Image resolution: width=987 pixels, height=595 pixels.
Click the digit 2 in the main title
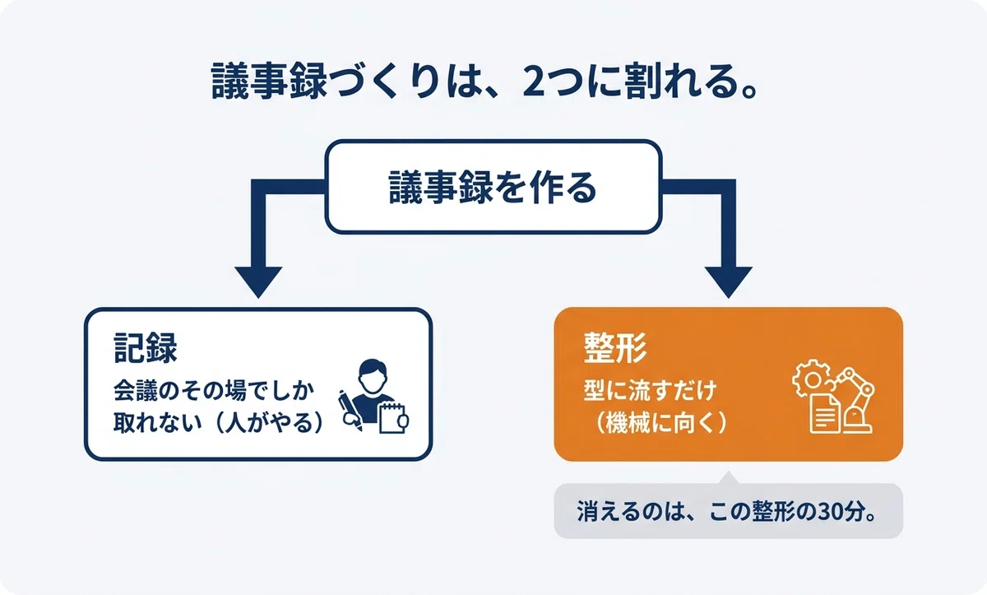click(533, 82)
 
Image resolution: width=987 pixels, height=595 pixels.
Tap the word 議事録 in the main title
click(269, 81)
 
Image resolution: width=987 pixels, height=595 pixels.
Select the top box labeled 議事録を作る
click(493, 187)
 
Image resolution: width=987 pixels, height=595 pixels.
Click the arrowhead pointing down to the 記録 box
click(258, 282)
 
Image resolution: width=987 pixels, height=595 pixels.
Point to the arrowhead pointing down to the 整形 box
click(729, 282)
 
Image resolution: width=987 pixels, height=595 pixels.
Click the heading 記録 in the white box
click(146, 348)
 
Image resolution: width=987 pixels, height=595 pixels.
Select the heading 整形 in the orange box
click(615, 348)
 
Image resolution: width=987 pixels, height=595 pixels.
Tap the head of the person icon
click(373, 377)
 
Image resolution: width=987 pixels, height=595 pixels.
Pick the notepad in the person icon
click(392, 417)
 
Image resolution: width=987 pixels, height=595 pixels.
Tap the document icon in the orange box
click(825, 414)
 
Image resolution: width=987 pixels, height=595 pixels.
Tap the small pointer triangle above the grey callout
click(729, 477)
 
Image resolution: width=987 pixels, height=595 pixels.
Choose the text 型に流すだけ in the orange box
click(651, 391)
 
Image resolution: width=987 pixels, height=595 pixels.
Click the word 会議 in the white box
click(135, 391)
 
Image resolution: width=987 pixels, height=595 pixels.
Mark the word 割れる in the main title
click(688, 82)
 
